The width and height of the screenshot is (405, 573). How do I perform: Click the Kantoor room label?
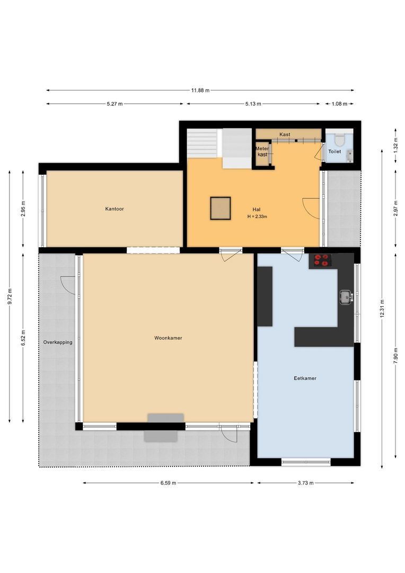coord(115,209)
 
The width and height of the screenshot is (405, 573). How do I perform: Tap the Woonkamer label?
coord(168,337)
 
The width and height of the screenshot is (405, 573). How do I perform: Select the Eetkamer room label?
coord(305,378)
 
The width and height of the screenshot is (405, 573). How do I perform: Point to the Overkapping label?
coord(58,342)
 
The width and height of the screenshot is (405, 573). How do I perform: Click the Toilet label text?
coord(334,152)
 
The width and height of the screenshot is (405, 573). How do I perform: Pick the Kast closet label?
coord(285,135)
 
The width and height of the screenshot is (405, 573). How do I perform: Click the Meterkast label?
coord(262,151)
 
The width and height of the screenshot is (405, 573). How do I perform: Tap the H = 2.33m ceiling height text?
coord(257,216)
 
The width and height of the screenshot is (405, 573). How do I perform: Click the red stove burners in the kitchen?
coord(321,260)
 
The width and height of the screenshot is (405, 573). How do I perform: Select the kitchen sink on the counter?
coord(346,297)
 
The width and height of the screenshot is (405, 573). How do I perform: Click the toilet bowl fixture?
coord(340,140)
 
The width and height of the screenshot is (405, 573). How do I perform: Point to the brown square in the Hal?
coord(220,208)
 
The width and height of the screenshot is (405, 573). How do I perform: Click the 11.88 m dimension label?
coord(200,90)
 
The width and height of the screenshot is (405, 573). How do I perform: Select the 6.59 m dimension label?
coord(168,483)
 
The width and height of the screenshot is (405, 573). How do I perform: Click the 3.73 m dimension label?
coord(305,483)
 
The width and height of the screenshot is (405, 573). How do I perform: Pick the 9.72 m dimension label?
coord(10,296)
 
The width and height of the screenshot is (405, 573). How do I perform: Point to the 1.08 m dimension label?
coord(339,104)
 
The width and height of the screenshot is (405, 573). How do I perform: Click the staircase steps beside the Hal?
coord(202,143)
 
